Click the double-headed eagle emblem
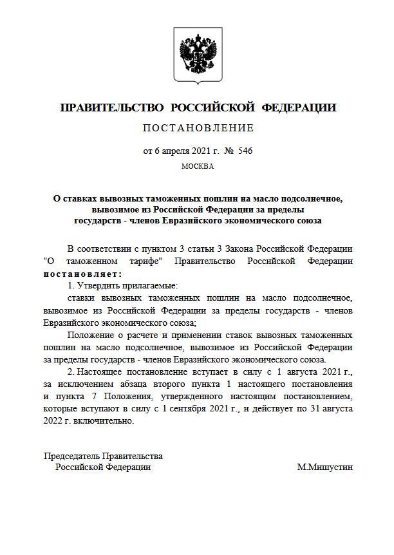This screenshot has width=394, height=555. (197, 56)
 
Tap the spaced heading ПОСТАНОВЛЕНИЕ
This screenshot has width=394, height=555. (198, 127)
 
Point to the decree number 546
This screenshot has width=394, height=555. (245, 151)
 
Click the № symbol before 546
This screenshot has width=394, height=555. (228, 151)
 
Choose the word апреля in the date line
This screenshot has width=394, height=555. (178, 151)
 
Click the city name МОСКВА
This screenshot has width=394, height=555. (197, 165)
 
